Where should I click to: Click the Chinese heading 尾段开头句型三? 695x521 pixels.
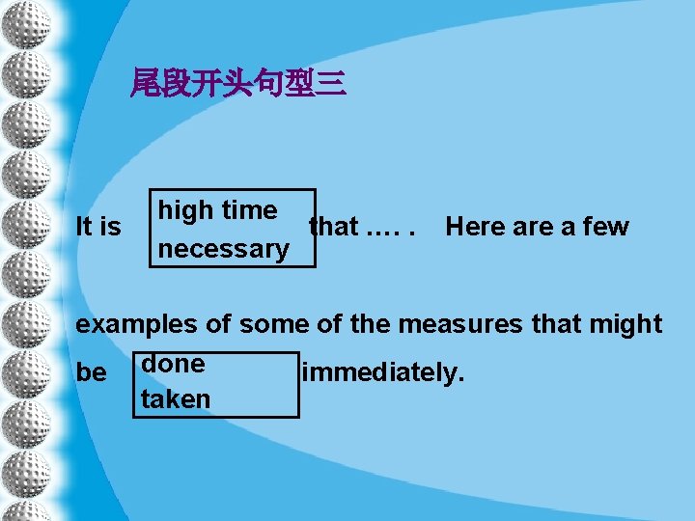click(x=238, y=86)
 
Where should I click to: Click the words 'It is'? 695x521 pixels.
click(x=98, y=228)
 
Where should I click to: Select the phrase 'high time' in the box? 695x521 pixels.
click(x=217, y=210)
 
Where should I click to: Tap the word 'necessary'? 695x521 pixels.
click(x=223, y=249)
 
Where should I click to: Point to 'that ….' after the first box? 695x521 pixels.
click(x=361, y=228)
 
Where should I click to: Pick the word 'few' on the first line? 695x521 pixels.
click(x=604, y=228)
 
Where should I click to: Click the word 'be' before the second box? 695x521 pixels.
click(x=92, y=372)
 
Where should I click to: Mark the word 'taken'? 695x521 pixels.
click(x=175, y=399)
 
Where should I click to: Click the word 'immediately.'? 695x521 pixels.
click(x=383, y=372)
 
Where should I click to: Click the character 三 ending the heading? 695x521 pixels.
click(x=331, y=86)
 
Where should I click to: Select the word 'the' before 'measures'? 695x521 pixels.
click(x=370, y=324)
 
